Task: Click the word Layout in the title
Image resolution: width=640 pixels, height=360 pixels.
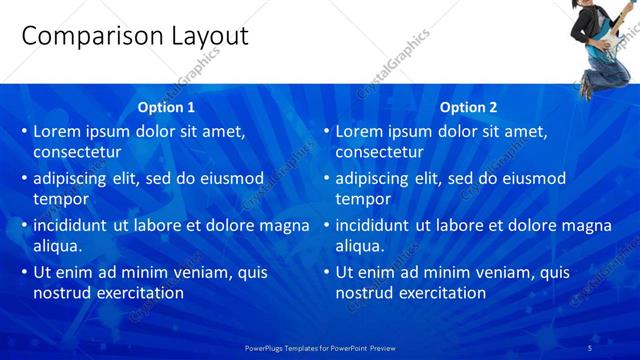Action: coord(203,37)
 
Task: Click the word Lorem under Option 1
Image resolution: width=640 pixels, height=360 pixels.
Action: coord(57,131)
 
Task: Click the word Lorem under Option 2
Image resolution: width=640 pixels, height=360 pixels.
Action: coord(359,131)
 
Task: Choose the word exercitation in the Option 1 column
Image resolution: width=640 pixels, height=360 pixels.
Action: coord(136,293)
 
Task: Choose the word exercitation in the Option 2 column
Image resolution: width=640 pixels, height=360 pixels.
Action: coord(438,293)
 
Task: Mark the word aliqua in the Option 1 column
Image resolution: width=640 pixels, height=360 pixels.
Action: coord(58,246)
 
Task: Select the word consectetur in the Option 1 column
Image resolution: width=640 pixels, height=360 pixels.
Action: coord(78,152)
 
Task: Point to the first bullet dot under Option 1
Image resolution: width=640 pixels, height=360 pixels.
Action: coord(23,132)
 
